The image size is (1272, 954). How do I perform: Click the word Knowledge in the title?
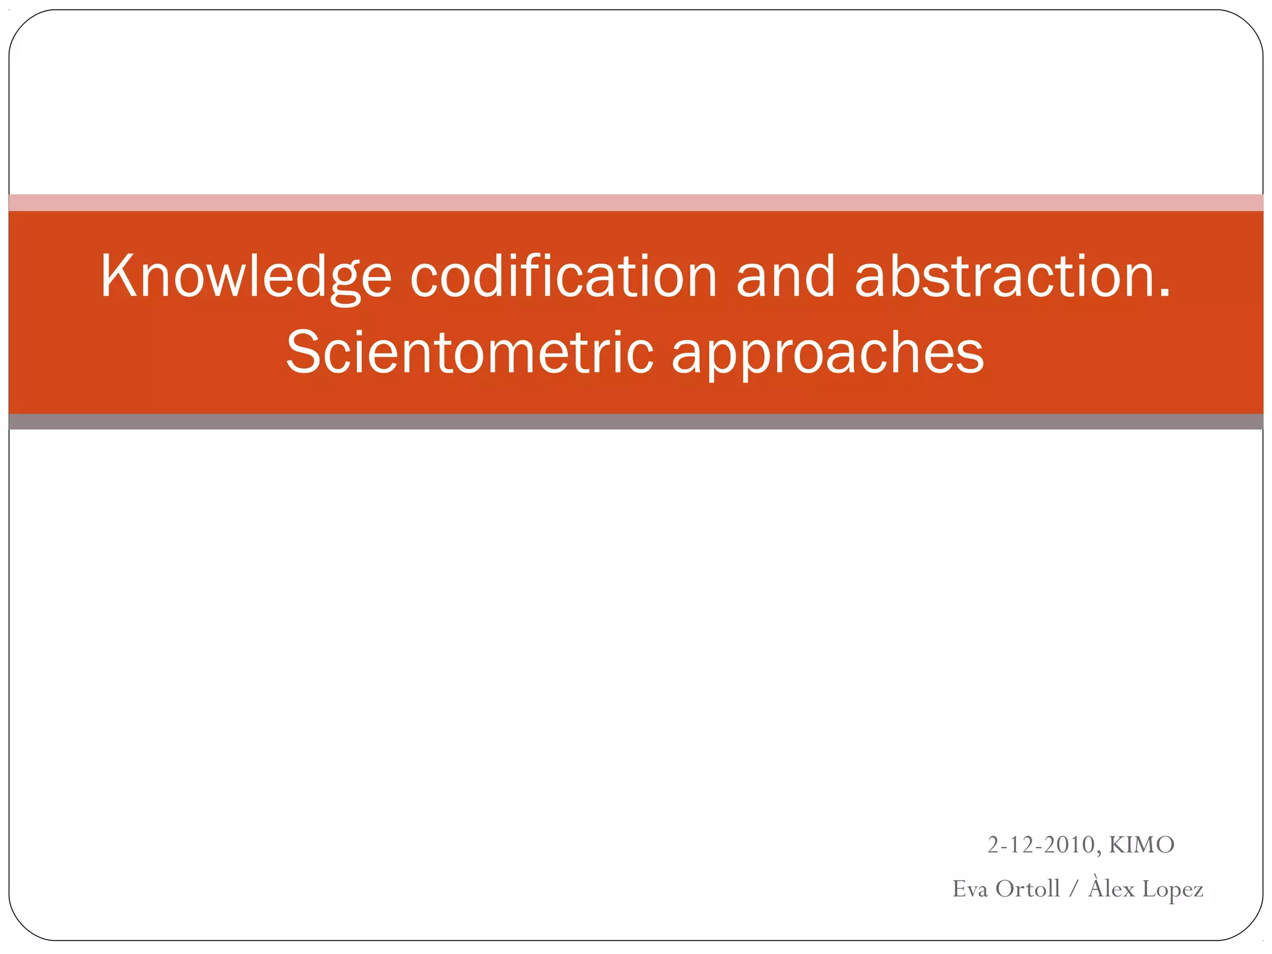[x=246, y=276]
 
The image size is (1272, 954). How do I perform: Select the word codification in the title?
[x=563, y=276]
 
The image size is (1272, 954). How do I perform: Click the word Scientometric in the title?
[x=470, y=352]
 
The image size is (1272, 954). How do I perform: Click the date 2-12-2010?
[x=1041, y=845]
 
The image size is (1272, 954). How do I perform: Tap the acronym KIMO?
[x=1142, y=845]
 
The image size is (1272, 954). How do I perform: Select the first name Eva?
[x=970, y=889]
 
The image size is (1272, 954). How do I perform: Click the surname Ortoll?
[x=1027, y=889]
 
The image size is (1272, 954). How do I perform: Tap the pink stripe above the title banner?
[x=636, y=202]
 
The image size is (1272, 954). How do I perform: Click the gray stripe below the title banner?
[x=636, y=422]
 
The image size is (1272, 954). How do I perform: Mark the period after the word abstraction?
[x=1164, y=295]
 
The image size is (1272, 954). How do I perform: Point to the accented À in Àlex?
[x=1096, y=886]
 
